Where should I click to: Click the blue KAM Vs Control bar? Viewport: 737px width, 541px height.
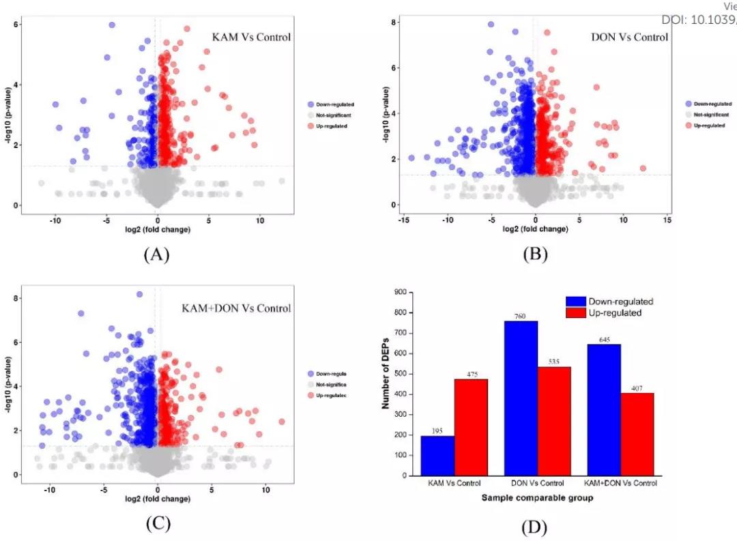pyautogui.click(x=437, y=455)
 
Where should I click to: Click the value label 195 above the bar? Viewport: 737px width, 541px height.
pyautogui.click(x=437, y=430)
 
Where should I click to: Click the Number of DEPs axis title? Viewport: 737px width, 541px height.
pyautogui.click(x=386, y=383)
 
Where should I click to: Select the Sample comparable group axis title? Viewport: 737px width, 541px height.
pyautogui.click(x=537, y=498)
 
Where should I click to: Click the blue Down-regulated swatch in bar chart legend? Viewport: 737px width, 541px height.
pyautogui.click(x=577, y=301)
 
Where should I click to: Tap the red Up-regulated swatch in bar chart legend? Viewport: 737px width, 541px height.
pyautogui.click(x=577, y=312)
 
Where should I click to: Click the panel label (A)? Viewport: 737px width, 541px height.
pyautogui.click(x=156, y=254)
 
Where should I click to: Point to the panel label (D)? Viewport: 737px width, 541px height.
pyautogui.click(x=534, y=527)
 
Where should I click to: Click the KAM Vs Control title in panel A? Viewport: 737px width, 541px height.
pyautogui.click(x=251, y=37)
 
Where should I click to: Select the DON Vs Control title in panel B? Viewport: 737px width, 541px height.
pyautogui.click(x=629, y=37)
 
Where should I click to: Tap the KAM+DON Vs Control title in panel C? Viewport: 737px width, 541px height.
pyautogui.click(x=236, y=308)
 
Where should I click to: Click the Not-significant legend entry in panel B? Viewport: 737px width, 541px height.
pyautogui.click(x=710, y=115)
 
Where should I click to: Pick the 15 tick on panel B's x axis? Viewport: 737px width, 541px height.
pyautogui.click(x=667, y=220)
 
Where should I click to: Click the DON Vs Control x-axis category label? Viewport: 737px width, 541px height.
pyautogui.click(x=537, y=484)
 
